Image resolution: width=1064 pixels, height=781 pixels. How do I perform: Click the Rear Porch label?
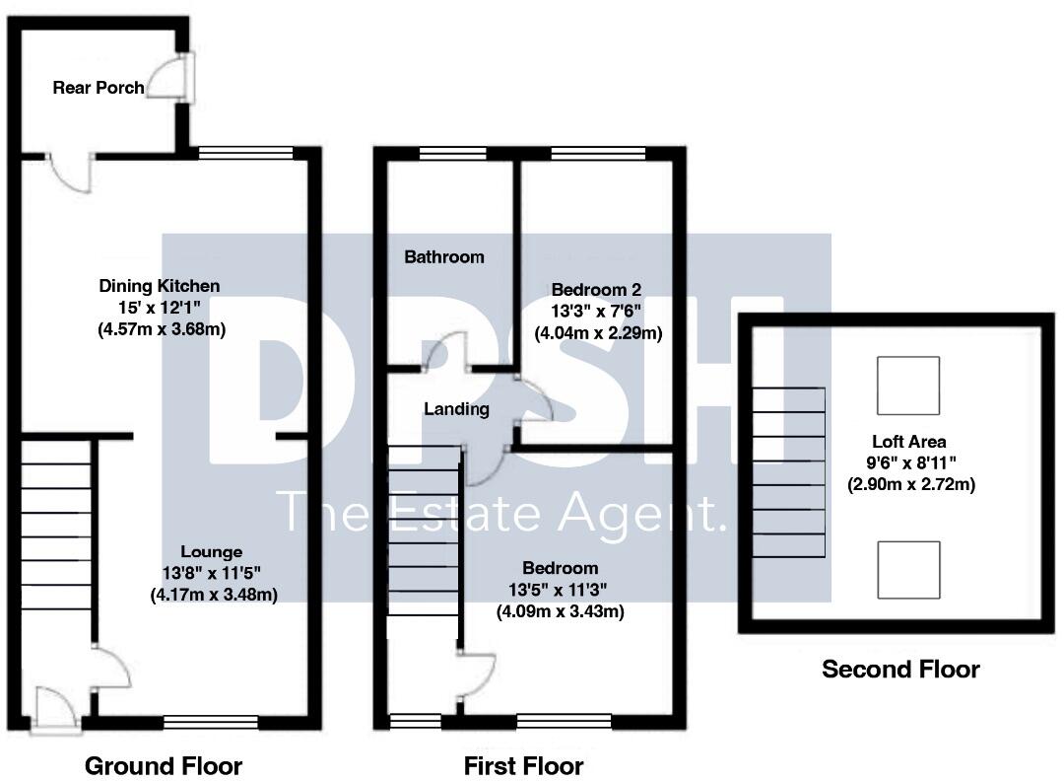(x=98, y=88)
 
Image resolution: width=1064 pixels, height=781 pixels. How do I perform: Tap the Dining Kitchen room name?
(x=160, y=286)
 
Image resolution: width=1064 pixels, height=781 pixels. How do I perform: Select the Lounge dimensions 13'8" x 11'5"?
(x=212, y=573)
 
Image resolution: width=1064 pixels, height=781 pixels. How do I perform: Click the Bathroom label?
(x=444, y=257)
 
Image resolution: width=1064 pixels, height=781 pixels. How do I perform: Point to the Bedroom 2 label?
(x=596, y=290)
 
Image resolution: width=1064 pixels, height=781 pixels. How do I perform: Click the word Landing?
(x=456, y=409)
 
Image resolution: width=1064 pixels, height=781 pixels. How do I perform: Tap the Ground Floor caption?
(x=164, y=765)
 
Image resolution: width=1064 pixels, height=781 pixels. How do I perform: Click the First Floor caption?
(x=523, y=765)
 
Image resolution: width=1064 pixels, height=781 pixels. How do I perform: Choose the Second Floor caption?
(x=900, y=670)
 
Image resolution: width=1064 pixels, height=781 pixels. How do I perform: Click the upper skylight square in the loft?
(x=907, y=386)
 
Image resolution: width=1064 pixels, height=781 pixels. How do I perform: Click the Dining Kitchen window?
(x=245, y=153)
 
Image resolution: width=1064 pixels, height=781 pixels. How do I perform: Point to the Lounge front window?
(x=210, y=723)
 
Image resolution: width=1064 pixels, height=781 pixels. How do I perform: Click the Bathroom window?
(x=452, y=153)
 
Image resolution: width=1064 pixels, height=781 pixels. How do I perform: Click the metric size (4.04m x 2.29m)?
(x=598, y=333)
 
